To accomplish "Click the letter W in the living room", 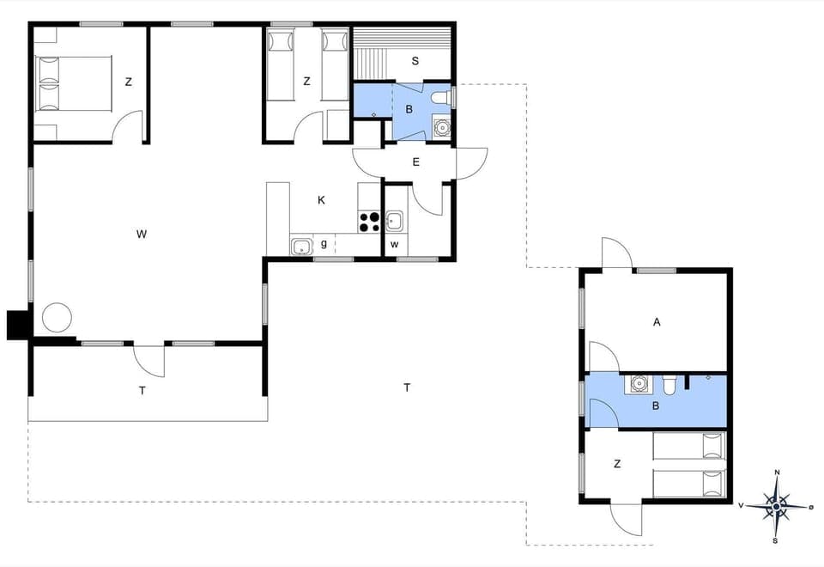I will coord(142,234).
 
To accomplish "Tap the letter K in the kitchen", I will coord(321,200).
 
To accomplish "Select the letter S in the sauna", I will coord(415,61).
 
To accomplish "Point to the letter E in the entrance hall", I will coord(416,162).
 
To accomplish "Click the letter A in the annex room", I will coord(657,322).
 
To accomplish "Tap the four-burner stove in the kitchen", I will coord(369,222).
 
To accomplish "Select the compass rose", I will coord(777,506).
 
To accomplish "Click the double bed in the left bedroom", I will coord(74,83).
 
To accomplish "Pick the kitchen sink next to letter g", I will coord(301,247).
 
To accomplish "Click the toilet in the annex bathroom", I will coord(670,384).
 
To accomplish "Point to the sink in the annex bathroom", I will coord(639,383).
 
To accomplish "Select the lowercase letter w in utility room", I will coord(395,244).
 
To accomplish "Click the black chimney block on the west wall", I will coord(18,325).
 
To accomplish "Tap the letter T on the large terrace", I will coord(407,387).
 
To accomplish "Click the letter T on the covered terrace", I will coord(142,389).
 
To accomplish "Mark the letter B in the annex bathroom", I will coord(656,406).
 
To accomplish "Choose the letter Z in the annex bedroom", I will coord(617,464).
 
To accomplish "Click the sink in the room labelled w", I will coord(395,222).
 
